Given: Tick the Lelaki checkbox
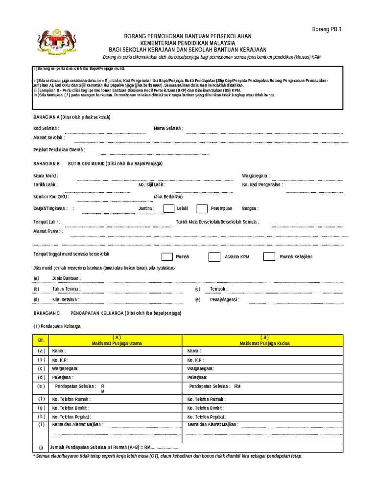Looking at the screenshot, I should tap(168, 209).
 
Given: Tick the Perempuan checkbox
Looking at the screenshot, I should tap(202, 209).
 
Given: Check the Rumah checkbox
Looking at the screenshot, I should tap(167, 257).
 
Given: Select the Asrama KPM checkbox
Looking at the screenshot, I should tap(214, 257).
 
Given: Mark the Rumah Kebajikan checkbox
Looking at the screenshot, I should tap(269, 257).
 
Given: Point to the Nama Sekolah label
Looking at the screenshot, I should tap(168, 128).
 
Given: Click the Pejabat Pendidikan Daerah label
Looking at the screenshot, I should tap(59, 150).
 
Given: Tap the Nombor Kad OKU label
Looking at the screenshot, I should tap(51, 197).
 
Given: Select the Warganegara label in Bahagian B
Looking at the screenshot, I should tap(255, 176).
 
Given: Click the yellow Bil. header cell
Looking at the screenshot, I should tap(41, 340).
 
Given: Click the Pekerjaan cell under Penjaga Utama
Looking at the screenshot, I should tap(63, 377).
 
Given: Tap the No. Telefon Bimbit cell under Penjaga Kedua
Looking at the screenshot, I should tap(206, 408).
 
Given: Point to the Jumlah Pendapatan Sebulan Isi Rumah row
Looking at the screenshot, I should tap(115, 447).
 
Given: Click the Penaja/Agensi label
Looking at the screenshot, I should tap(224, 299).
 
